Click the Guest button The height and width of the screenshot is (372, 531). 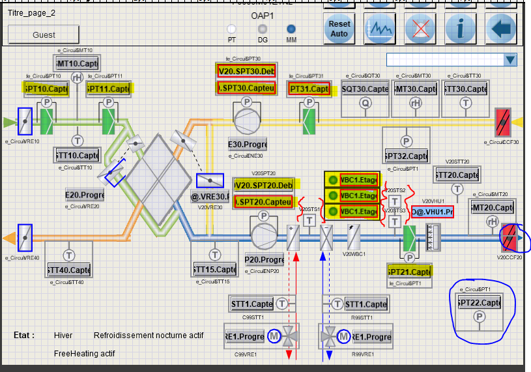pyautogui.click(x=44, y=35)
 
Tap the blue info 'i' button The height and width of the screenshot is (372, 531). pyautogui.click(x=461, y=28)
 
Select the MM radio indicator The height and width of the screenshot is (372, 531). pyautogui.click(x=291, y=29)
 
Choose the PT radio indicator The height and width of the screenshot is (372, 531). pyautogui.click(x=231, y=29)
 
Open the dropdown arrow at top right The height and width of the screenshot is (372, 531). pyautogui.click(x=510, y=60)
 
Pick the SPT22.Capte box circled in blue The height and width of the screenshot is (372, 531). pyautogui.click(x=480, y=303)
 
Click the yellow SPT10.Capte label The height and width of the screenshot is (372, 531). pyautogui.click(x=46, y=89)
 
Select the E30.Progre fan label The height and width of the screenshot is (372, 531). pyautogui.click(x=248, y=144)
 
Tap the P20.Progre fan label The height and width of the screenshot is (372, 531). pyautogui.click(x=264, y=260)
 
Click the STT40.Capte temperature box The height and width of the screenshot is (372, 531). pyautogui.click(x=68, y=270)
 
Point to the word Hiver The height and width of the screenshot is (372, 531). pyautogui.click(x=63, y=336)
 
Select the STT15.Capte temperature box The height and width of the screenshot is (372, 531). pyautogui.click(x=214, y=269)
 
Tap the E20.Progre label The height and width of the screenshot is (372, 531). pyautogui.click(x=85, y=195)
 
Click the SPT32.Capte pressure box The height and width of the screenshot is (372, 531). pyautogui.click(x=407, y=156)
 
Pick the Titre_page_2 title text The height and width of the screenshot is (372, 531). pyautogui.click(x=31, y=12)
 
